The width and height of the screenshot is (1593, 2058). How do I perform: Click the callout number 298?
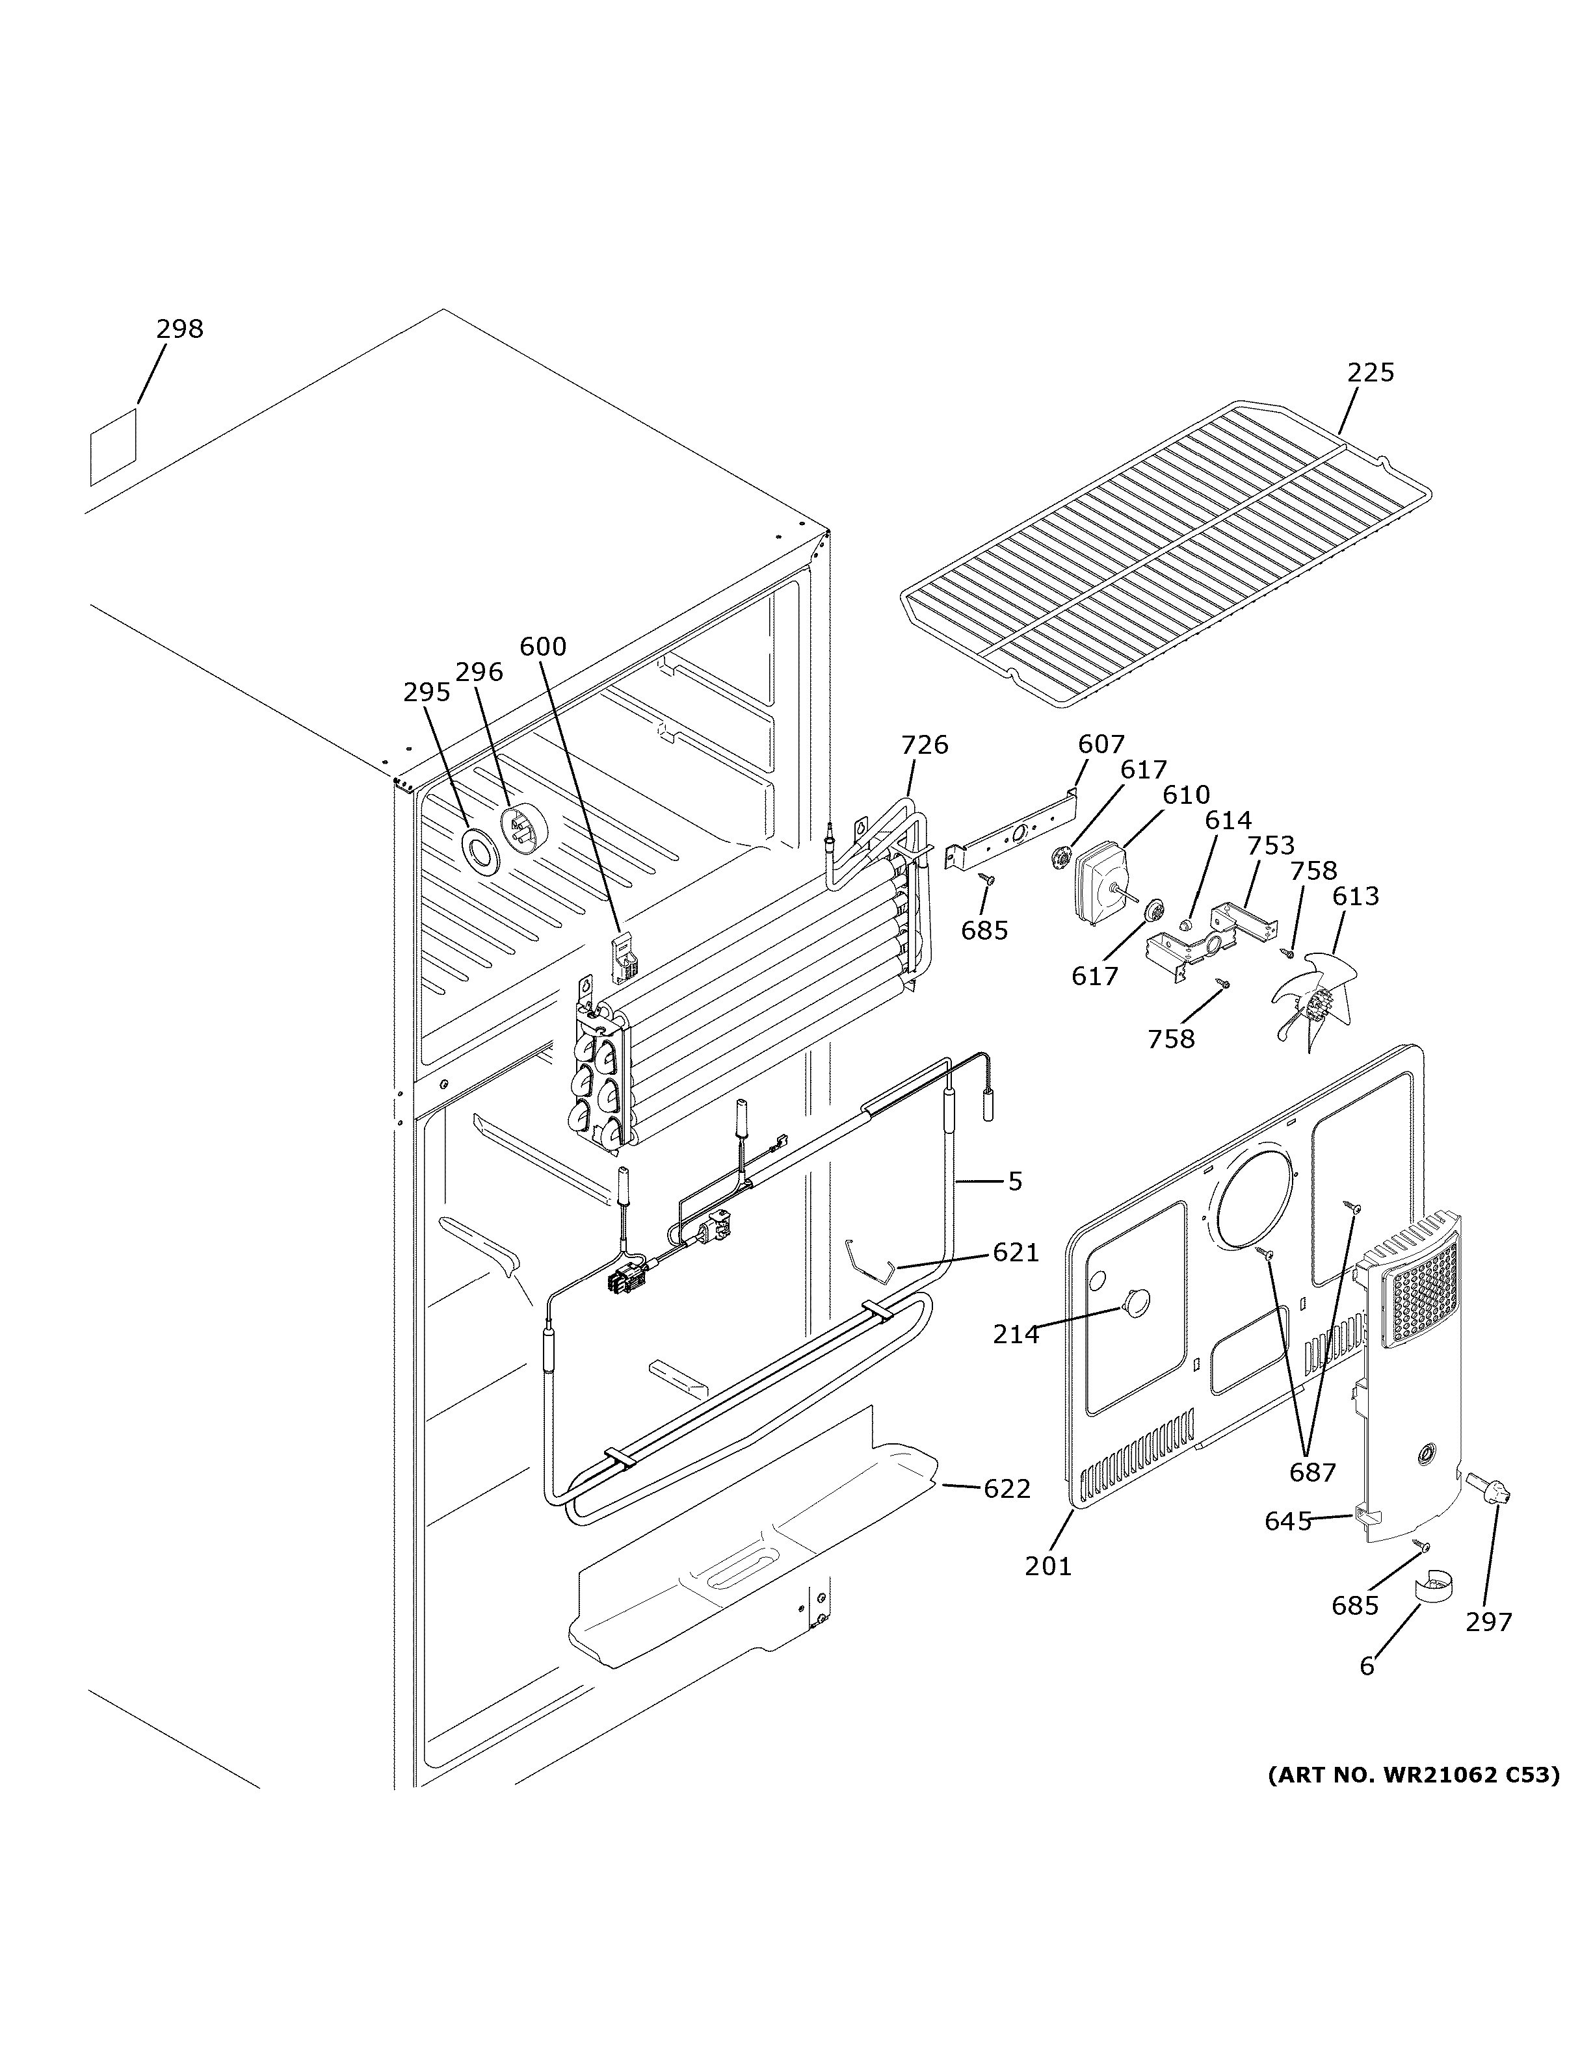(x=179, y=329)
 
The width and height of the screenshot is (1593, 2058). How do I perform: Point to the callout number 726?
(x=924, y=745)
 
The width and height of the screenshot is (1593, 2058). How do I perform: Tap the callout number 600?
(x=543, y=647)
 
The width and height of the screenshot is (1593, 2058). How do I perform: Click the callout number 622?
(x=1007, y=1489)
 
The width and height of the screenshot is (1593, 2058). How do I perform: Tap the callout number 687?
(x=1312, y=1472)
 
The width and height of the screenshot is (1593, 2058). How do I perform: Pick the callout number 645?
(x=1287, y=1521)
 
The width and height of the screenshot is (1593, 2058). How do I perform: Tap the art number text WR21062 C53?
(x=1413, y=1775)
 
